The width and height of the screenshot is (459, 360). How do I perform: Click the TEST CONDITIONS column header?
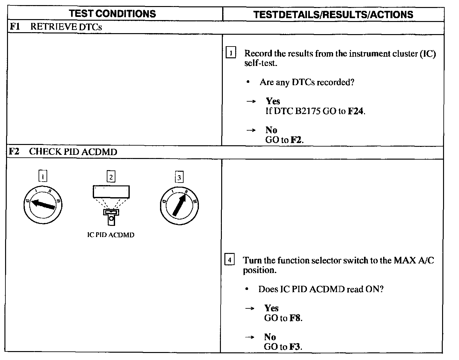(x=113, y=14)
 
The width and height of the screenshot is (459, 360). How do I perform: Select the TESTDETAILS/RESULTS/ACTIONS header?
(x=333, y=14)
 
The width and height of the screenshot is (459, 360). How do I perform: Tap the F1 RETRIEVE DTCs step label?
(x=56, y=27)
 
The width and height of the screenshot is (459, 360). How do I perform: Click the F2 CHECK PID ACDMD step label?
(x=63, y=151)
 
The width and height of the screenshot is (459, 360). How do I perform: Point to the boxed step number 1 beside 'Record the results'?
(x=230, y=53)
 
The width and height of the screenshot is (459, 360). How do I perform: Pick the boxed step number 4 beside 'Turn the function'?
(x=229, y=259)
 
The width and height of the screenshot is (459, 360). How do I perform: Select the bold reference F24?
(x=355, y=111)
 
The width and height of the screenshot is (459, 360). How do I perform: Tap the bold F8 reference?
(x=295, y=318)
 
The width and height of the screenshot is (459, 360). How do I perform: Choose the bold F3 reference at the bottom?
(x=295, y=347)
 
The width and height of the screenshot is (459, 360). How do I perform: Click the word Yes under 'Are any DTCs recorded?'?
(x=273, y=101)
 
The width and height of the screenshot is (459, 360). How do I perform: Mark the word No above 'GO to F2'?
(x=271, y=130)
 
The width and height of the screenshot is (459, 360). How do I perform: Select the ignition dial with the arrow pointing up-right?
(x=179, y=205)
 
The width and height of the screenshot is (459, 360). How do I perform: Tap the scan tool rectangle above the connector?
(x=111, y=192)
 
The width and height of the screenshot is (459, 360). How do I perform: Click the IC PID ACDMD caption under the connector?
(x=111, y=235)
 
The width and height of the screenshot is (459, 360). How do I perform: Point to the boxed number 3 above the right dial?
(x=179, y=177)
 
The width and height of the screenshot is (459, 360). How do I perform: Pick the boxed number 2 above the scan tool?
(x=111, y=177)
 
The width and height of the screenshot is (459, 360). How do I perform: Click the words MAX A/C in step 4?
(x=414, y=260)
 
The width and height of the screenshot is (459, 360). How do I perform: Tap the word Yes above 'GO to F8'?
(x=271, y=308)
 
